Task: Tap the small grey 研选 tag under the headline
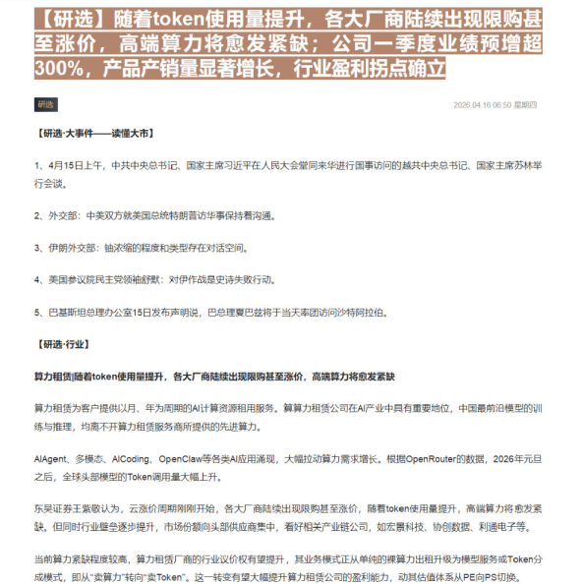(x=45, y=104)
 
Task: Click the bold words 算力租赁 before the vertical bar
(x=52, y=377)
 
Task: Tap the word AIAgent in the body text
(x=50, y=458)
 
